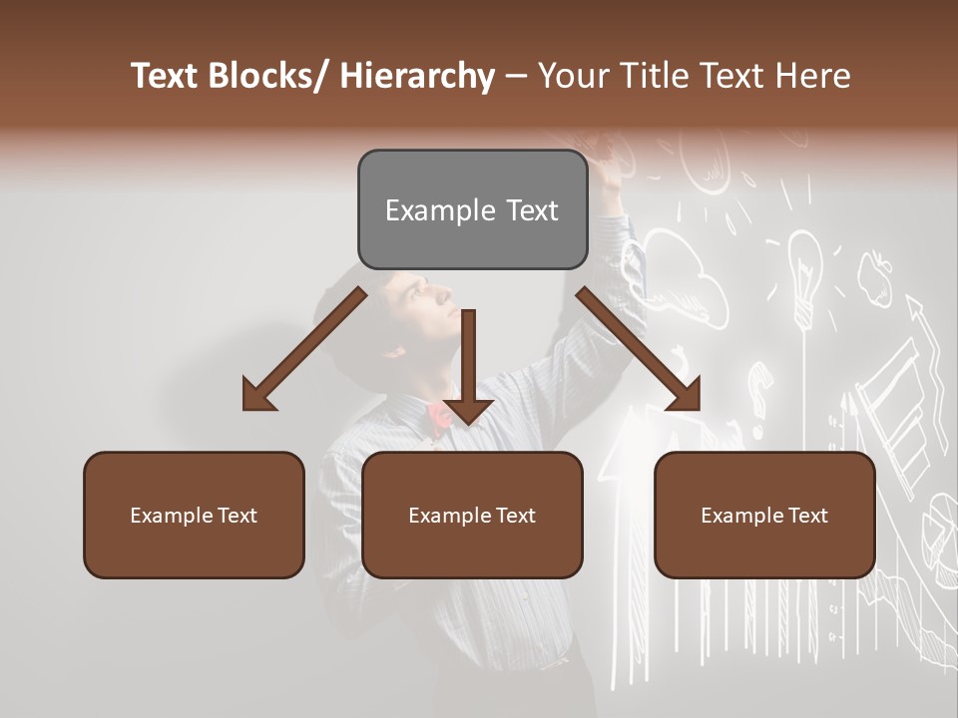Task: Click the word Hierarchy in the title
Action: click(x=417, y=76)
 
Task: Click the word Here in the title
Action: click(x=812, y=76)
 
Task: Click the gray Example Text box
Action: click(x=472, y=210)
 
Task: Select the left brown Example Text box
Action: click(x=194, y=516)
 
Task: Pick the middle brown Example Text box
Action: click(x=472, y=516)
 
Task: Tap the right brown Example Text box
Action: click(x=764, y=516)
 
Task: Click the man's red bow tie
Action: click(x=439, y=417)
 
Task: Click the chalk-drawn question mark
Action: click(x=761, y=384)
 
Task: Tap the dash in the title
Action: click(x=516, y=76)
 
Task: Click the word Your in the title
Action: click(x=571, y=76)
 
